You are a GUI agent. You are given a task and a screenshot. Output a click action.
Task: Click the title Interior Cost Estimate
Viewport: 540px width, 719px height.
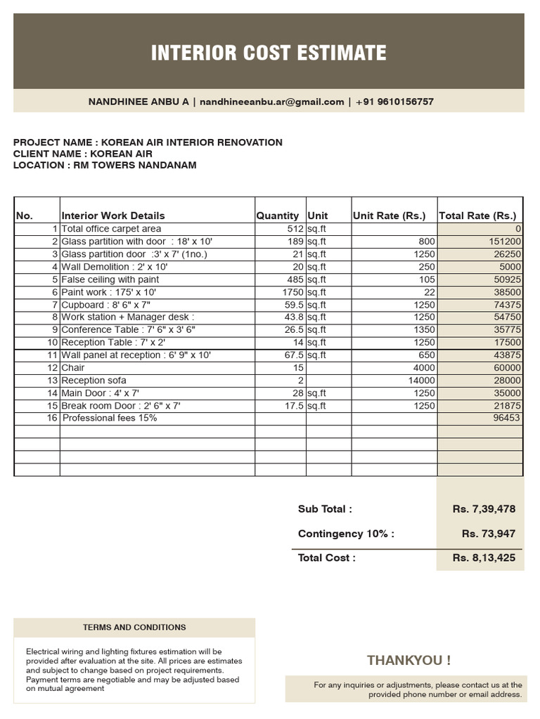coord(269,53)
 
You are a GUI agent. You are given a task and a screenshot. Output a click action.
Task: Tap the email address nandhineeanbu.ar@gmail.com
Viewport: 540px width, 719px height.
coord(271,102)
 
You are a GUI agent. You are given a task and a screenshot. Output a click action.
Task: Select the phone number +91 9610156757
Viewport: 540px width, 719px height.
coord(394,102)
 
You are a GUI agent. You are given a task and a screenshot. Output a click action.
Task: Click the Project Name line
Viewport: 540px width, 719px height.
coord(148,143)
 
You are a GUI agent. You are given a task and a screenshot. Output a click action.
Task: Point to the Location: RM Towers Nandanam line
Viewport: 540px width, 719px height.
coord(105,165)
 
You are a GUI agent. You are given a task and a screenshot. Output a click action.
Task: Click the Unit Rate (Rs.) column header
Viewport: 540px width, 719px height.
coord(389,216)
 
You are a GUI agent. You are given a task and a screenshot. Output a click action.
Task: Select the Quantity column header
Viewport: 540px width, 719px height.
coord(277,216)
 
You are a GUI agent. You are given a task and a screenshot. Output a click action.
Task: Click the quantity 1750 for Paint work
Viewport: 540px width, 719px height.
coord(290,292)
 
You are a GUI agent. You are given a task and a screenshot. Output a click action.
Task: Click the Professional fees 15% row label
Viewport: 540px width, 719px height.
coord(110,418)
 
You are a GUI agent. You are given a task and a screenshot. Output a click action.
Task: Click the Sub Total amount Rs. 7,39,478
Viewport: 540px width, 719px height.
coord(484,509)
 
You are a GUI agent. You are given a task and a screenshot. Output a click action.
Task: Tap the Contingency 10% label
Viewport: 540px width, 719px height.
coord(346,534)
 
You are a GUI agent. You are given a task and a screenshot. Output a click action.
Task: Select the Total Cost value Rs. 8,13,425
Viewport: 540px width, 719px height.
coord(484,558)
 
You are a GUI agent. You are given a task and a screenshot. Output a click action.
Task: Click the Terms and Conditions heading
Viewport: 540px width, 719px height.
coord(134,627)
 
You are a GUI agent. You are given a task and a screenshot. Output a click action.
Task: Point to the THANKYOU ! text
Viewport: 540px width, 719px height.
coord(409,660)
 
